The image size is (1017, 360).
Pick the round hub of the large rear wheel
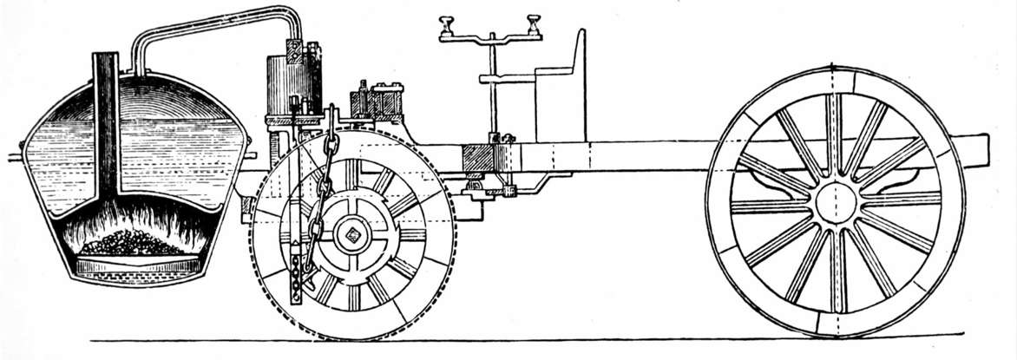pos(835,202)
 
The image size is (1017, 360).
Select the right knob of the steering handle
pos(533,21)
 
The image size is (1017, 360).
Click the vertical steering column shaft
pos(493,95)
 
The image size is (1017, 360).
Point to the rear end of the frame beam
pos(979,149)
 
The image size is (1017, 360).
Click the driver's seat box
pos(560,108)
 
